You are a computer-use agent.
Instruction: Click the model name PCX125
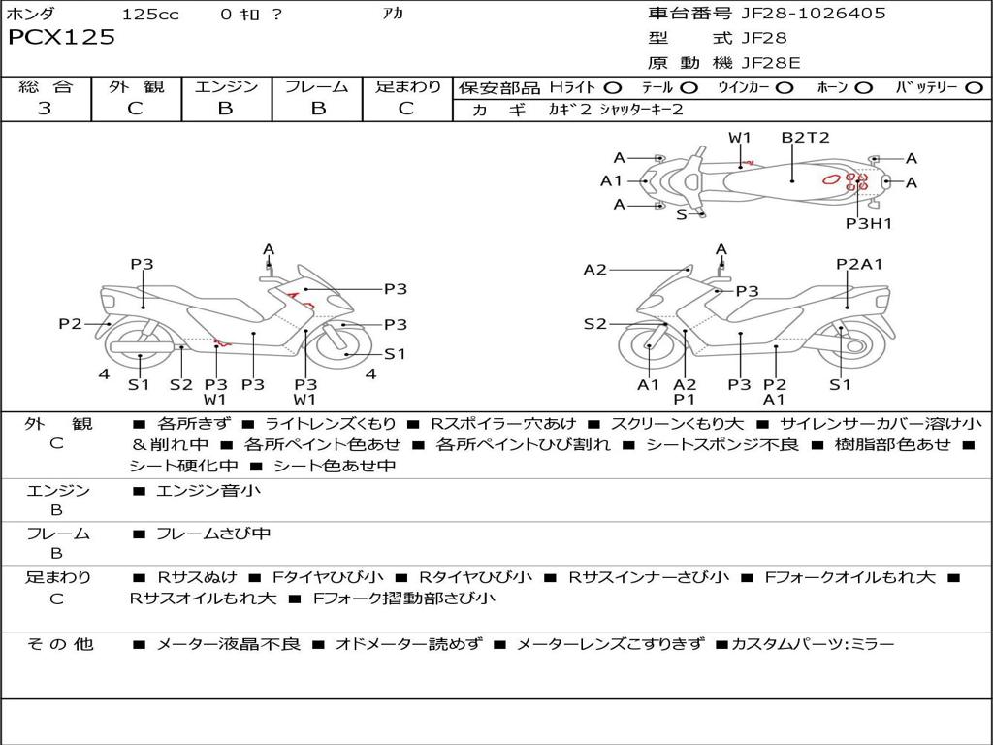(x=62, y=38)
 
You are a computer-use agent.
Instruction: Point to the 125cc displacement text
(x=150, y=15)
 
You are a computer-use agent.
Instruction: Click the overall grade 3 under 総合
(x=45, y=108)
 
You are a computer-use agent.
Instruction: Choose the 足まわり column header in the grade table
(x=408, y=86)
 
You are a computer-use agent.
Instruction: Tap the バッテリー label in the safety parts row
(x=927, y=87)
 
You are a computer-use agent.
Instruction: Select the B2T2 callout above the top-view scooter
(x=806, y=137)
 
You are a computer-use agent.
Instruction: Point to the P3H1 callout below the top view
(x=868, y=223)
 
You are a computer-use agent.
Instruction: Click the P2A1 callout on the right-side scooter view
(x=860, y=264)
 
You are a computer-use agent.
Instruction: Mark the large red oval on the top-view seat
(x=831, y=179)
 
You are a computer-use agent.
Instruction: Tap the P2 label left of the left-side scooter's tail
(x=70, y=324)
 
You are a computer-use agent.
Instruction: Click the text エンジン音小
(x=208, y=491)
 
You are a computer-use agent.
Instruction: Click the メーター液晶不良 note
(x=229, y=643)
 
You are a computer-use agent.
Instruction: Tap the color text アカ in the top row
(x=395, y=15)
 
